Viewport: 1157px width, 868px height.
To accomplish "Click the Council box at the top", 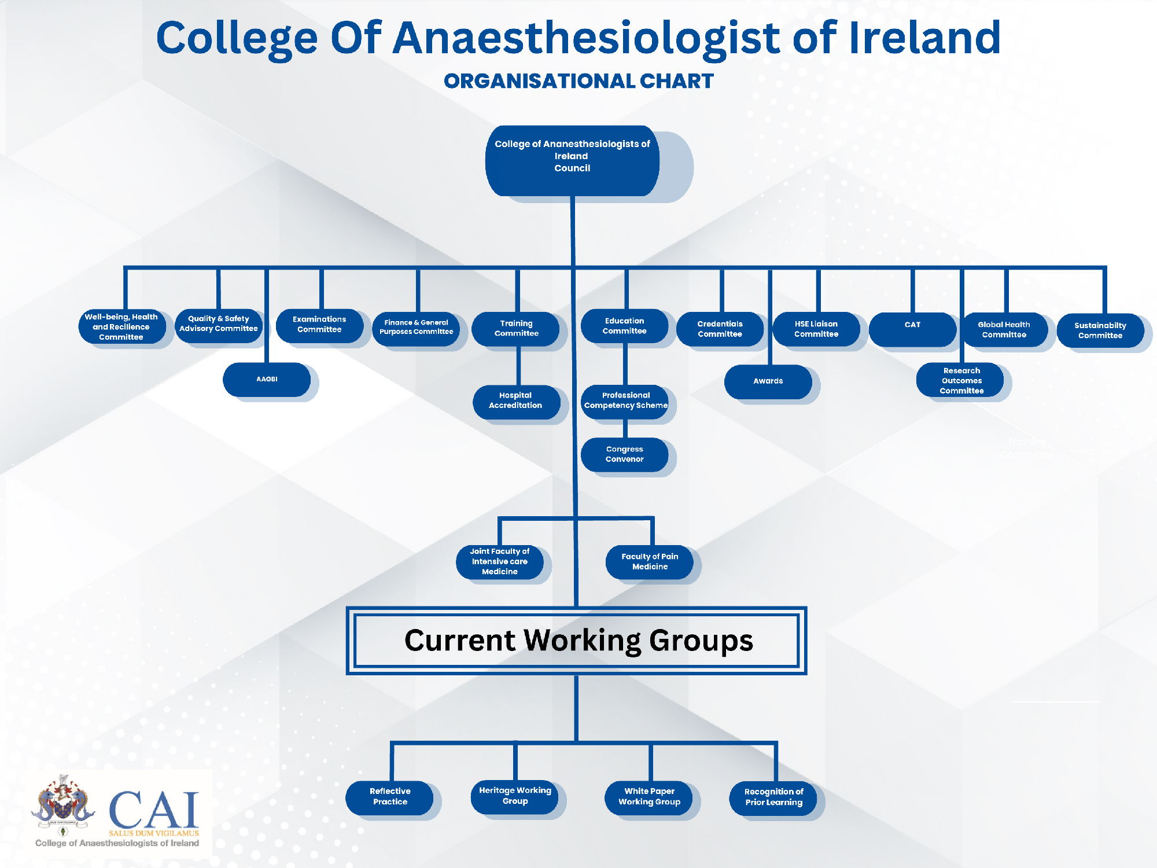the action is [572, 161].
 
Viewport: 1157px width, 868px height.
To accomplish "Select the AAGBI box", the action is [267, 380].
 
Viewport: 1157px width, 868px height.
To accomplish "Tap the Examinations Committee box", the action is [319, 326].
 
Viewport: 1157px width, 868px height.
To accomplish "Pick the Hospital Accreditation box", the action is [516, 402].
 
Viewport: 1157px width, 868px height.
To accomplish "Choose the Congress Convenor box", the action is [625, 455].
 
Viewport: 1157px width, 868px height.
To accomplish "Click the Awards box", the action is [768, 382].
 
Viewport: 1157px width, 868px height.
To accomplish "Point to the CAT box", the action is [912, 329].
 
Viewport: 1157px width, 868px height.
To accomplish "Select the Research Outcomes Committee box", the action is [961, 380].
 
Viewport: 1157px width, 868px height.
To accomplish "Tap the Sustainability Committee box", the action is [1100, 330].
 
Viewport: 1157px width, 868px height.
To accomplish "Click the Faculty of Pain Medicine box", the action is [650, 562].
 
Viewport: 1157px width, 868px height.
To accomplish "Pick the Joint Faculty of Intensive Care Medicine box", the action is [500, 562].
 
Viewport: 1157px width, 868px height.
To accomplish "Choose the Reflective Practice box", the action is [390, 797].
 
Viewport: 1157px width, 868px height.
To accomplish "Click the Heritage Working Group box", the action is [515, 797].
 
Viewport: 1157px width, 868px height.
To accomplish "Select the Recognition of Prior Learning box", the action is [773, 799].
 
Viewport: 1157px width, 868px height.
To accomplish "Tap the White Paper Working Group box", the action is [649, 797].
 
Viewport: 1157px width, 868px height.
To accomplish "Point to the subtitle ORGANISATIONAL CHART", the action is [578, 81].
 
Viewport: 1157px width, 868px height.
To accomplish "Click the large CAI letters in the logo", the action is [154, 810].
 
